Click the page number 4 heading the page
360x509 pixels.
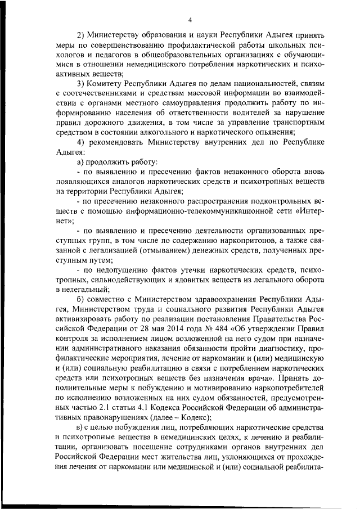click(x=190, y=20)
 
